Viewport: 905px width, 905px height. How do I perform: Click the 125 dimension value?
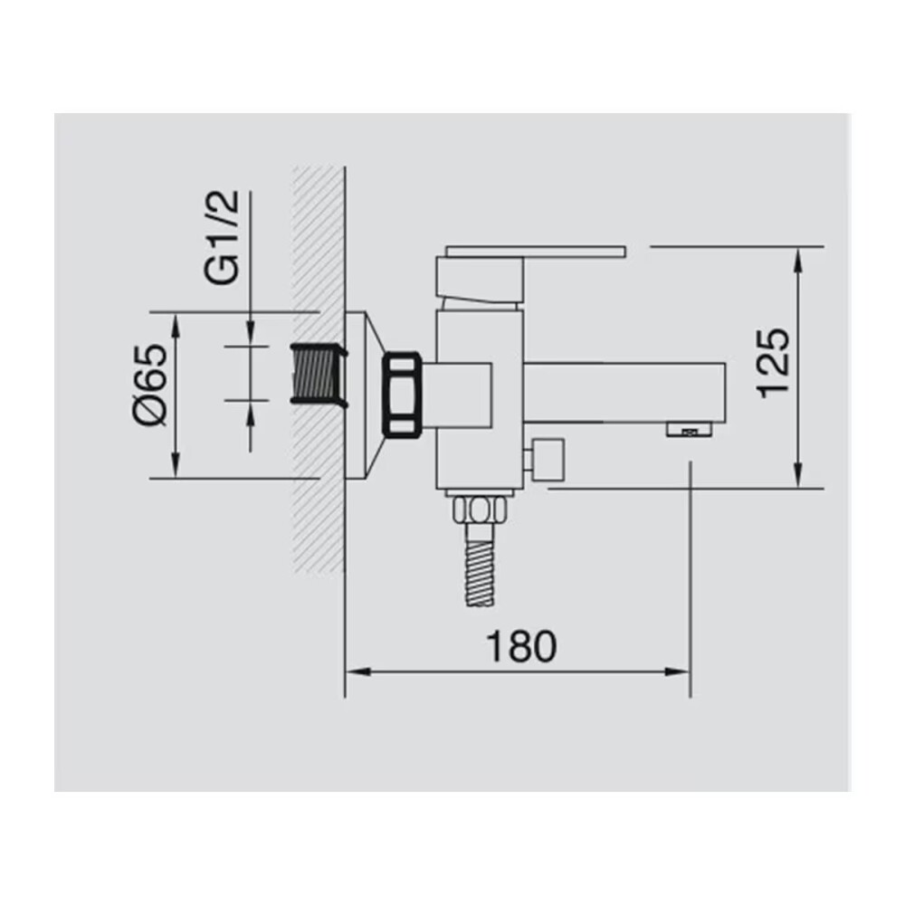(x=775, y=362)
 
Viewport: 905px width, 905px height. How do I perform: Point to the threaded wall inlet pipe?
(x=316, y=372)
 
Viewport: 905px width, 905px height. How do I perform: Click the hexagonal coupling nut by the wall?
(x=402, y=396)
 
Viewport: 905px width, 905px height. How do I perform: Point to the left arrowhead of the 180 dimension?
(x=355, y=671)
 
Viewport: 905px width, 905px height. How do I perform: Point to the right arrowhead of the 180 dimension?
(x=681, y=671)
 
